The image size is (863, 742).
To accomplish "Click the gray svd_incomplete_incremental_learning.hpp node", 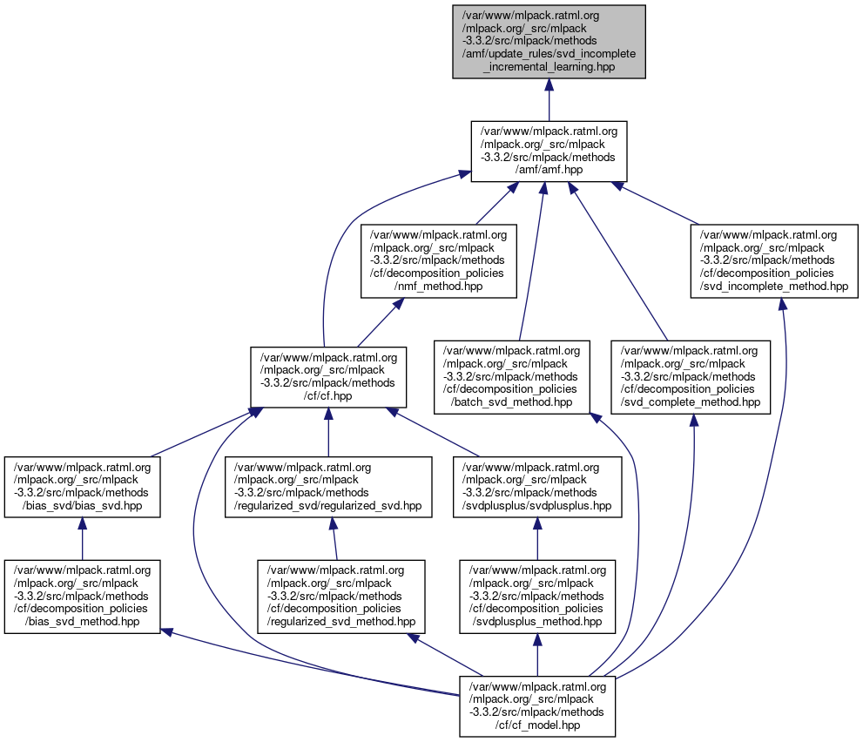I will pyautogui.click(x=549, y=42).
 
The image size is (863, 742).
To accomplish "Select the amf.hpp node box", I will pyautogui.click(x=549, y=152).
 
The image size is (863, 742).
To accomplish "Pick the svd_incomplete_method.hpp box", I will pyautogui.click(x=775, y=260).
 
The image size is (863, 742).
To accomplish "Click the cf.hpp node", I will pyautogui.click(x=328, y=377).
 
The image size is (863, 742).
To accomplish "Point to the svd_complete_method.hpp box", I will pyautogui.click(x=691, y=377).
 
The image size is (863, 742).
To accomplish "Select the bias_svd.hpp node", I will pyautogui.click(x=82, y=487).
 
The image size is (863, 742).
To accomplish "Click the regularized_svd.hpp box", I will pyautogui.click(x=328, y=487).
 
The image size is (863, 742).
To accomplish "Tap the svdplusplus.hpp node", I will pyautogui.click(x=537, y=487).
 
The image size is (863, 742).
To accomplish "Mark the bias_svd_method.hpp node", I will pyautogui.click(x=82, y=597).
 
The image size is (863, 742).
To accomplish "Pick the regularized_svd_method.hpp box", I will pyautogui.click(x=340, y=597).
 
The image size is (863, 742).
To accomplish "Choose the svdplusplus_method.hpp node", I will pyautogui.click(x=537, y=597).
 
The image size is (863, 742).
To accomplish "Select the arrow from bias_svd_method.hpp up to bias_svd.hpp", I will pyautogui.click(x=82, y=540).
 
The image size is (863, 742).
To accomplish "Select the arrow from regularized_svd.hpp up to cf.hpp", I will pyautogui.click(x=328, y=433).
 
